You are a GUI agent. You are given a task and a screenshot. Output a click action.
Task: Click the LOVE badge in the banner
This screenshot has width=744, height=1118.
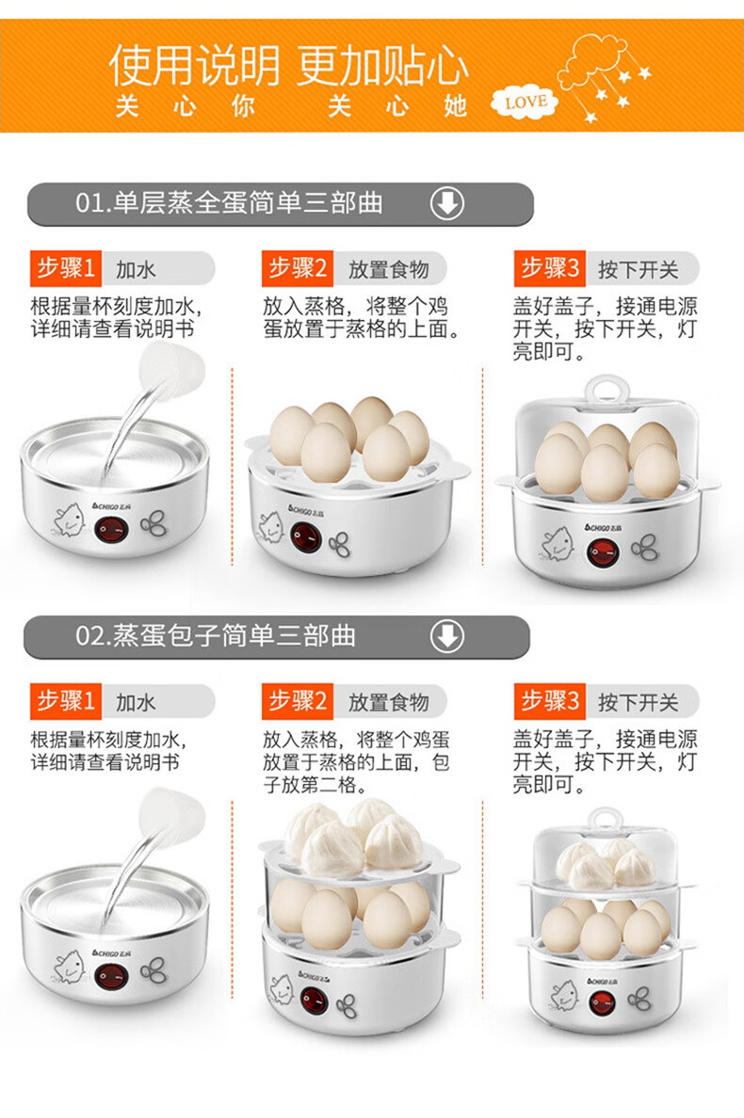click(526, 102)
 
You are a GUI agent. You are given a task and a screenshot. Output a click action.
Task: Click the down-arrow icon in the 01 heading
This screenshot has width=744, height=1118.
click(447, 203)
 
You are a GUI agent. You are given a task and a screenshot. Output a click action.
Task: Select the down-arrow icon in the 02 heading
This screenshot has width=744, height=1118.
click(447, 636)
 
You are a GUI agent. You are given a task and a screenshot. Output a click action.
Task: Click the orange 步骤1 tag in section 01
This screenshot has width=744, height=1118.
click(65, 269)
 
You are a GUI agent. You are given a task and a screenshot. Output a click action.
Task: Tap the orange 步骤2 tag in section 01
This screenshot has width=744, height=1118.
click(298, 269)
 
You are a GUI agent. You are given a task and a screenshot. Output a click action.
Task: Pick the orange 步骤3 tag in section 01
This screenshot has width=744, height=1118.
click(549, 269)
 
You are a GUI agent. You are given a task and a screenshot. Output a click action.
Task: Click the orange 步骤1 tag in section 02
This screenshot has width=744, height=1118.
click(65, 702)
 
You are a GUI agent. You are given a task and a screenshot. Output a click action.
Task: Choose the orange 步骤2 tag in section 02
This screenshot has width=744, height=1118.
click(298, 702)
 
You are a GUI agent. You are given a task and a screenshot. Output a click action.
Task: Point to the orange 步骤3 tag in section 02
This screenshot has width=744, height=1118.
click(549, 702)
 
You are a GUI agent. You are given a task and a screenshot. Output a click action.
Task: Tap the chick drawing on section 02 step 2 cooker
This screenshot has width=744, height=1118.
click(279, 989)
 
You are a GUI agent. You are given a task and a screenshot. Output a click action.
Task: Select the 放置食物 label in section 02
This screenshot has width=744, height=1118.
click(388, 702)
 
